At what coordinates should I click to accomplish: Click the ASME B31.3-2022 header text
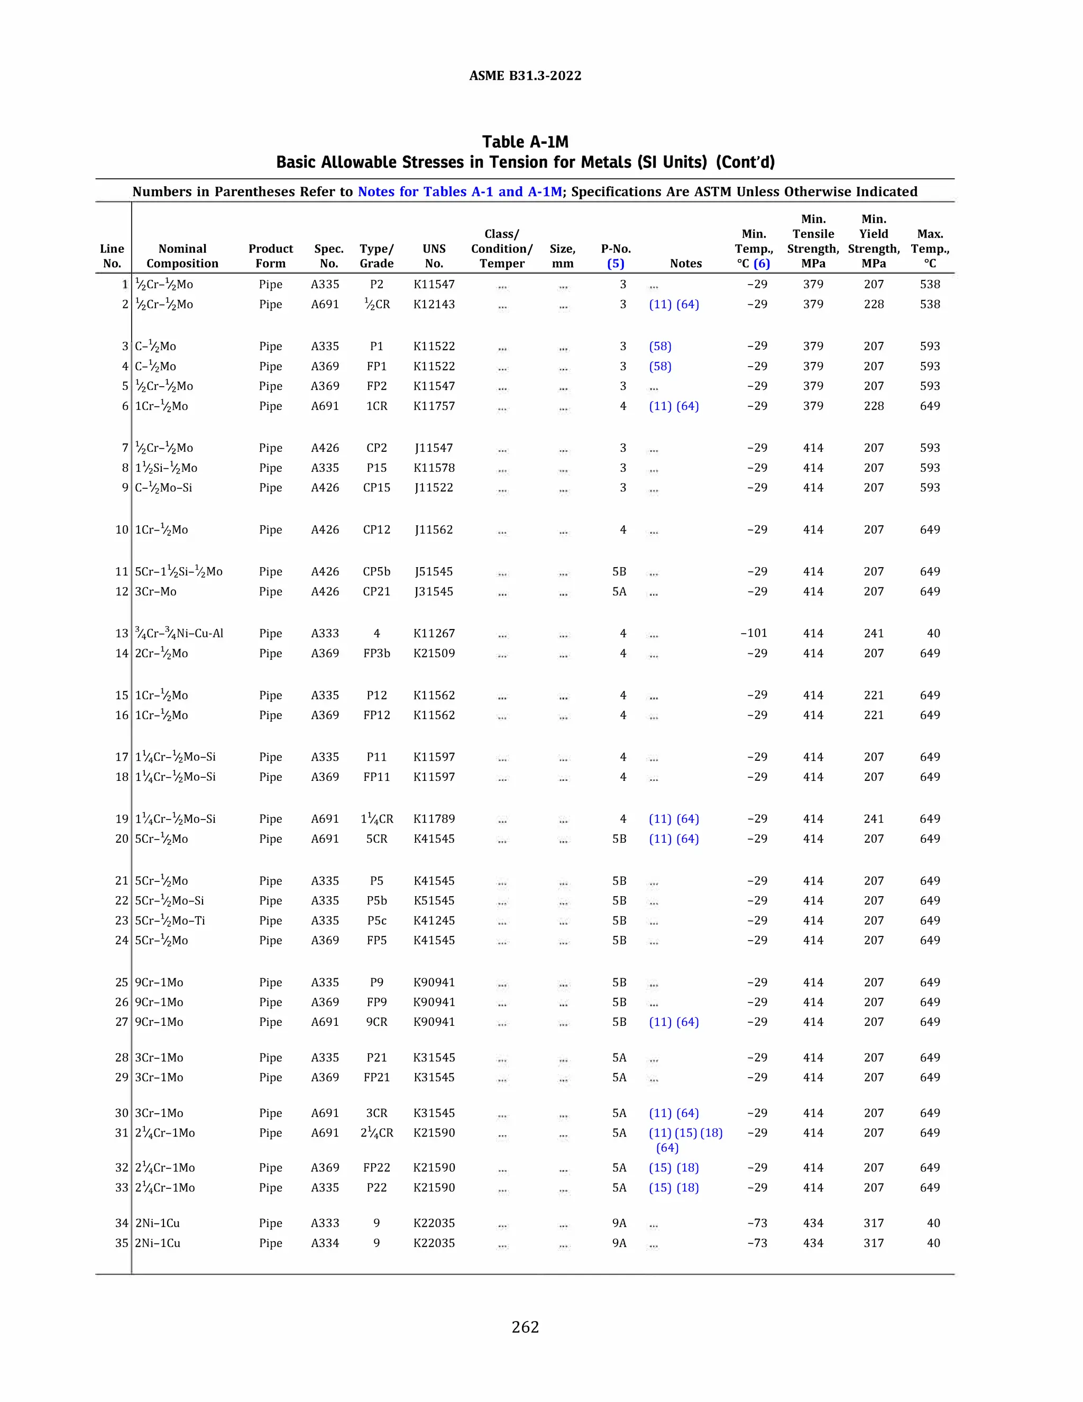click(525, 76)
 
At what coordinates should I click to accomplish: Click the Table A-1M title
click(525, 142)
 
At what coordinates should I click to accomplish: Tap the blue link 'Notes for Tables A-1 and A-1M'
click(460, 192)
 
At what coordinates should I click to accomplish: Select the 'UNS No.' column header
click(434, 256)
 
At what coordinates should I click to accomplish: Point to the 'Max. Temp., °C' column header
click(930, 249)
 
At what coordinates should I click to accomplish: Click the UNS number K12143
click(434, 304)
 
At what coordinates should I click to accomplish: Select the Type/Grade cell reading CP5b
click(377, 571)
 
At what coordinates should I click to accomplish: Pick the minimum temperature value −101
click(754, 633)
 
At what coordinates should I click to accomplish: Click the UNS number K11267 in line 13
click(434, 634)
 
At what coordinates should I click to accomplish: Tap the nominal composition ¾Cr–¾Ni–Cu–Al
click(179, 634)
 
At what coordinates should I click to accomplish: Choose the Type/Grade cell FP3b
click(377, 653)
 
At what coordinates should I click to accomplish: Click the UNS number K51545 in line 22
click(434, 900)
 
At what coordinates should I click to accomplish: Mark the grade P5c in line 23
click(377, 921)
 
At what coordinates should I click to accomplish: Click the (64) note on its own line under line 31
click(667, 1148)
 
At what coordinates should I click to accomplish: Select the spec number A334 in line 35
click(325, 1243)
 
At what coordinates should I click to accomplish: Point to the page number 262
click(525, 1327)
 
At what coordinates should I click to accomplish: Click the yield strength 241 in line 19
click(873, 819)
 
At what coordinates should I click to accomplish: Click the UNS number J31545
click(434, 591)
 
